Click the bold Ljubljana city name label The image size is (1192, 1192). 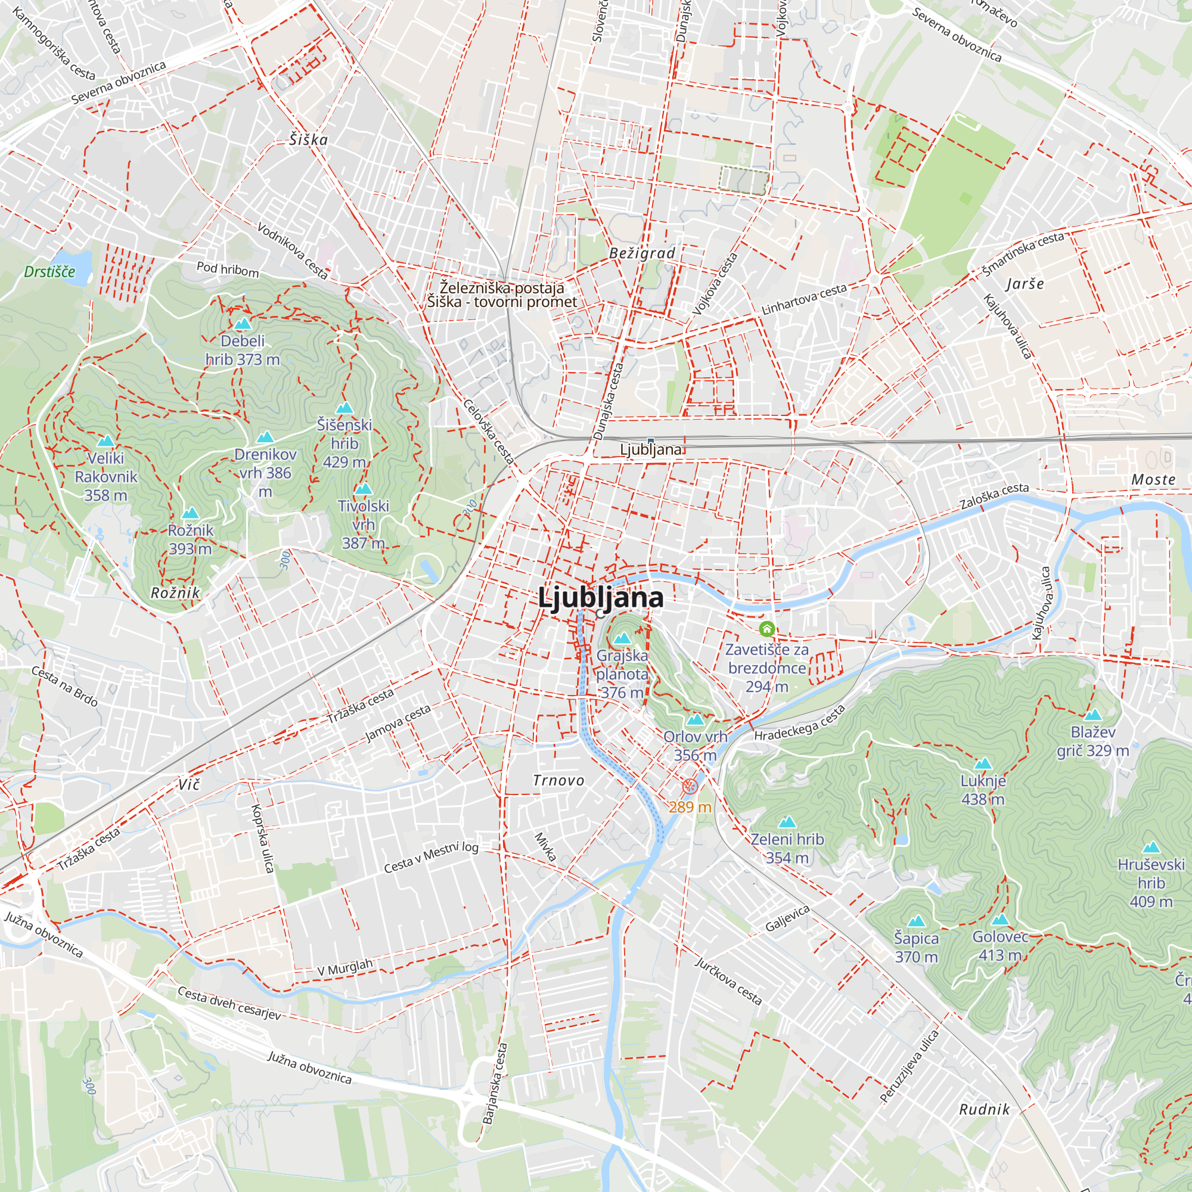coord(600,597)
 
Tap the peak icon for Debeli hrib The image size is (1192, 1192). coord(243,324)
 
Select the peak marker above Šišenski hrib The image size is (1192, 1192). coord(344,408)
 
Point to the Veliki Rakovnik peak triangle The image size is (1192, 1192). coord(106,441)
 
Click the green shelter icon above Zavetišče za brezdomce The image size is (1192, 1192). coord(766,629)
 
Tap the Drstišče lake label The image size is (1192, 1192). coord(49,271)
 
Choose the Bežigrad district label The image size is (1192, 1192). coord(642,253)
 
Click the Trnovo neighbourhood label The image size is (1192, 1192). coord(558,781)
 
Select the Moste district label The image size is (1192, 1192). coord(1153,479)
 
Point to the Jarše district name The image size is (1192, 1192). coord(1025,284)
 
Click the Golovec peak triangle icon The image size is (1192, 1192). coord(1000,920)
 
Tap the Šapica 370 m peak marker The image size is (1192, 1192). coord(916,922)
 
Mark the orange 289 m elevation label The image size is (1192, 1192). coord(690,807)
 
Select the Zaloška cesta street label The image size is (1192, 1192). coord(995,495)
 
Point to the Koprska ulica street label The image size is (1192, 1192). coord(262,839)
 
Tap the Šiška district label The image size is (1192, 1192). coord(309,140)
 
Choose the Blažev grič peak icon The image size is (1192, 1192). coord(1092,715)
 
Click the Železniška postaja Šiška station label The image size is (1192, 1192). coord(502,295)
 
